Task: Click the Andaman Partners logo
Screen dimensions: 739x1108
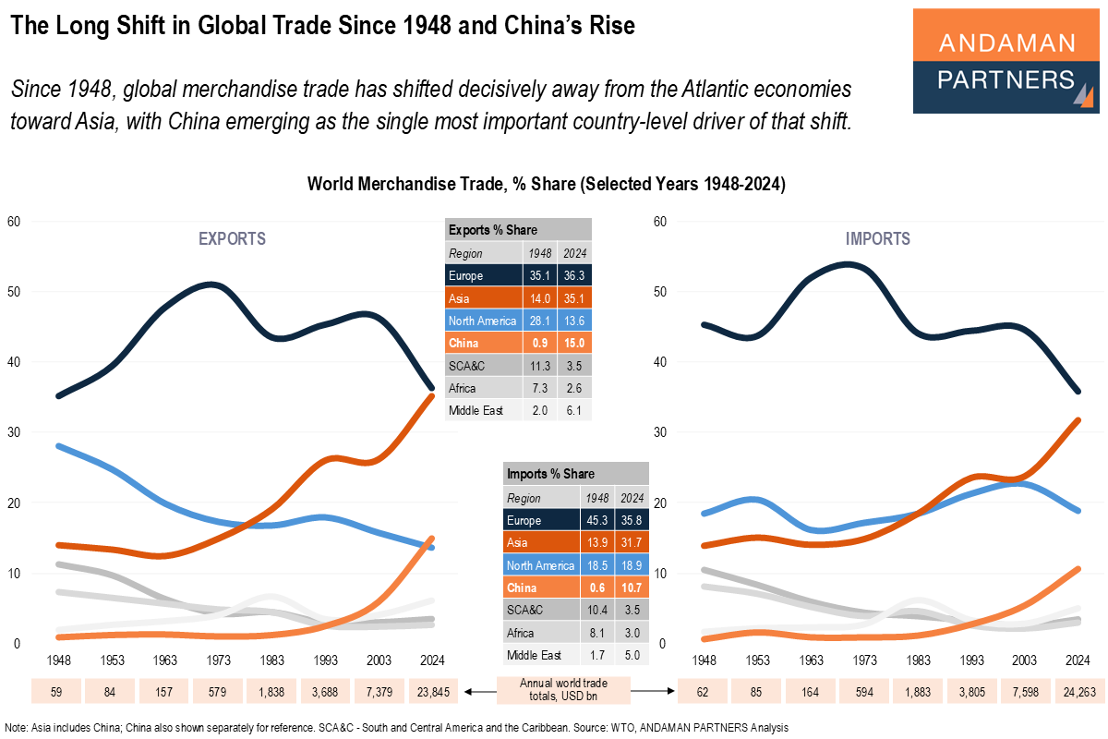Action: click(x=1006, y=61)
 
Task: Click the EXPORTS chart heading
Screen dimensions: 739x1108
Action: click(x=232, y=239)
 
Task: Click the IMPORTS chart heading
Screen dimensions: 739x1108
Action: click(x=877, y=239)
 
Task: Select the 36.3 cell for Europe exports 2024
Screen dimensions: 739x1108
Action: click(x=574, y=275)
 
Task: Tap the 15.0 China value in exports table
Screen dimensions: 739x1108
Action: click(x=574, y=343)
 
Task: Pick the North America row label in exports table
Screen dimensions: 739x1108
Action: click(x=481, y=321)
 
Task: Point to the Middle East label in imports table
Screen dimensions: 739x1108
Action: click(x=533, y=655)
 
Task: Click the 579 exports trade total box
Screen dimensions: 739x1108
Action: click(x=219, y=691)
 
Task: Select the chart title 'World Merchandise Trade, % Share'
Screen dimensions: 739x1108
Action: click(x=546, y=185)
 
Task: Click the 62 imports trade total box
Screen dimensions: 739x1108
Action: click(x=704, y=691)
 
